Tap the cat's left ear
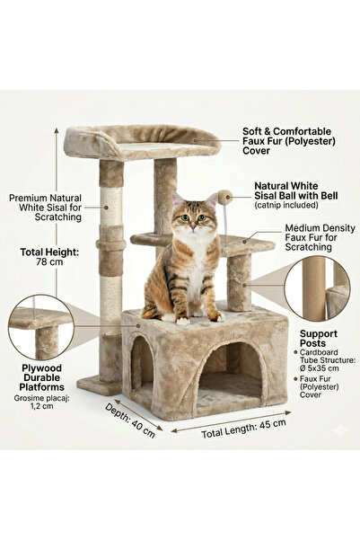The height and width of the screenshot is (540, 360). [211, 200]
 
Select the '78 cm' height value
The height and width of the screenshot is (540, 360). [49, 261]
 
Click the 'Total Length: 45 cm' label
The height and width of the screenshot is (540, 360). [243, 429]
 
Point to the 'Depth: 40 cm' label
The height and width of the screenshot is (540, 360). [130, 420]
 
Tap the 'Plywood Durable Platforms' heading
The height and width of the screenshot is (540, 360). [41, 377]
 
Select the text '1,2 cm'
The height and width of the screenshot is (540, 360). [41, 406]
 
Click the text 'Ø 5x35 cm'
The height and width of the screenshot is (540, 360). [319, 368]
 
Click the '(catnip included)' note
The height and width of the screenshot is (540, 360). [286, 205]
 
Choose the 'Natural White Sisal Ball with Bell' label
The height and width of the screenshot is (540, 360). [296, 190]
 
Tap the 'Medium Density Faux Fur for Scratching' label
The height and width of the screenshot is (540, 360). [320, 237]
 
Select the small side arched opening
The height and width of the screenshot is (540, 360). [142, 366]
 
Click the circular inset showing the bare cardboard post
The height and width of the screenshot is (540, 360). [317, 288]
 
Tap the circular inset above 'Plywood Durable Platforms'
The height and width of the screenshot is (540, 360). [41, 328]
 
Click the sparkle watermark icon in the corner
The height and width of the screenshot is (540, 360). [341, 430]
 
